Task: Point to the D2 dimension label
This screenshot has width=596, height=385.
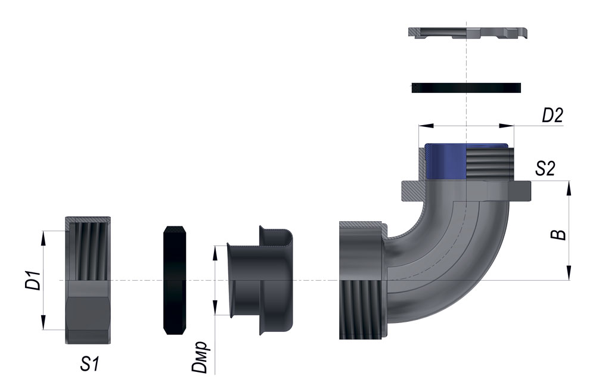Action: coord(552,115)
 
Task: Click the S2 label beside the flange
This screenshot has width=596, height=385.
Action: coord(545,169)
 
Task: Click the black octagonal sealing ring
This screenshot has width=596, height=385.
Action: coord(175,280)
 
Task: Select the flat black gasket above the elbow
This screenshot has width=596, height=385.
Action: coord(466,88)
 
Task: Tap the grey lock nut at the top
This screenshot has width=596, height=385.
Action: coord(468,33)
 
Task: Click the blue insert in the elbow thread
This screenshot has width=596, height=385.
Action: coord(445,161)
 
